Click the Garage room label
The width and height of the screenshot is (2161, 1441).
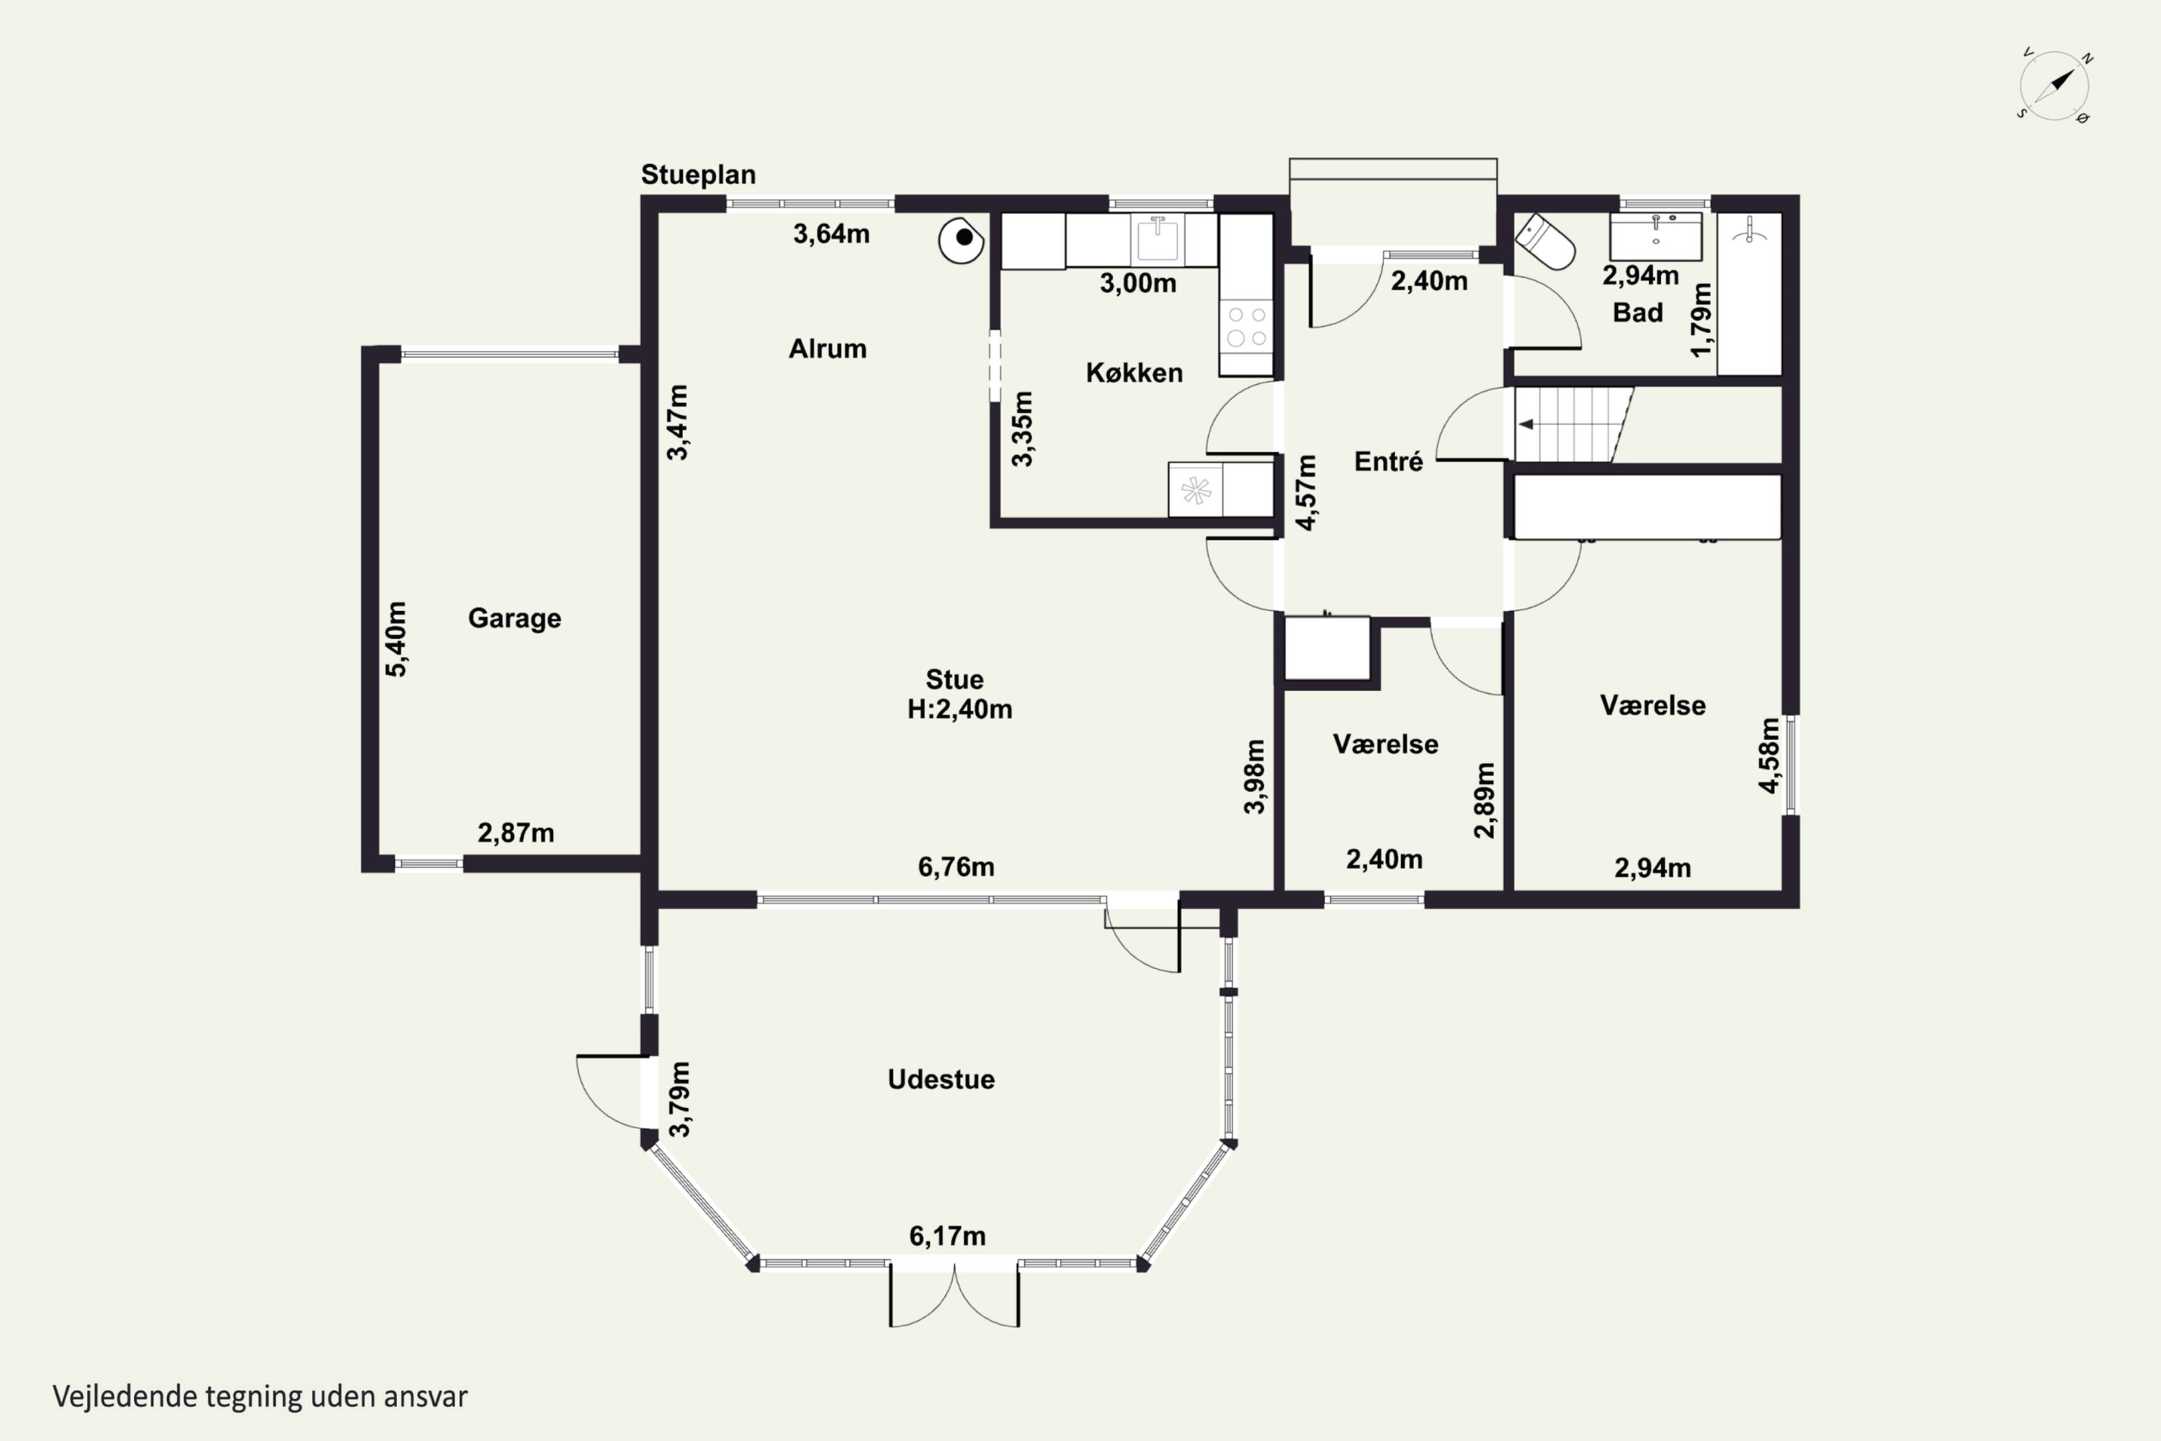pos(514,618)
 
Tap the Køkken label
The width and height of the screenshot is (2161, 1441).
pos(1134,372)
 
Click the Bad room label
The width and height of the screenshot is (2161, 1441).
pos(1637,313)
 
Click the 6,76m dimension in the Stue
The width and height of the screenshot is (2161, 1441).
pos(956,867)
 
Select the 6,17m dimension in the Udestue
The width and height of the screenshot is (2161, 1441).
pos(947,1236)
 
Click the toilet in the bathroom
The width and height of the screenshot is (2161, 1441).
pos(1544,241)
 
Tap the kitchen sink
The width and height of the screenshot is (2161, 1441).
pos(1158,240)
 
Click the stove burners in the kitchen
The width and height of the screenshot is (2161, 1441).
pos(1247,326)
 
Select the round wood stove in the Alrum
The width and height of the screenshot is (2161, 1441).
pos(961,240)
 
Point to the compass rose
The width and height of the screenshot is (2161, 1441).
pos(2055,86)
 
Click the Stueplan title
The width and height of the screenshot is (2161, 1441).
pos(698,174)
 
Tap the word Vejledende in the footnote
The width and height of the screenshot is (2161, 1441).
pos(124,1397)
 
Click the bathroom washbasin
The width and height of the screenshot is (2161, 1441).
pos(1655,237)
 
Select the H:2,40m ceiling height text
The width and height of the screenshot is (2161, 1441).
pos(959,710)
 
